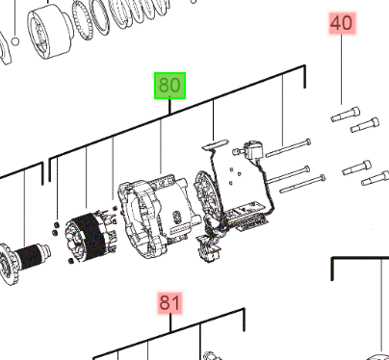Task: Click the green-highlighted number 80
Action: [169, 86]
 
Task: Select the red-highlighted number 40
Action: [342, 23]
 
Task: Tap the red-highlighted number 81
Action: [169, 302]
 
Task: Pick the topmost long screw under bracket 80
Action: [288, 148]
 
